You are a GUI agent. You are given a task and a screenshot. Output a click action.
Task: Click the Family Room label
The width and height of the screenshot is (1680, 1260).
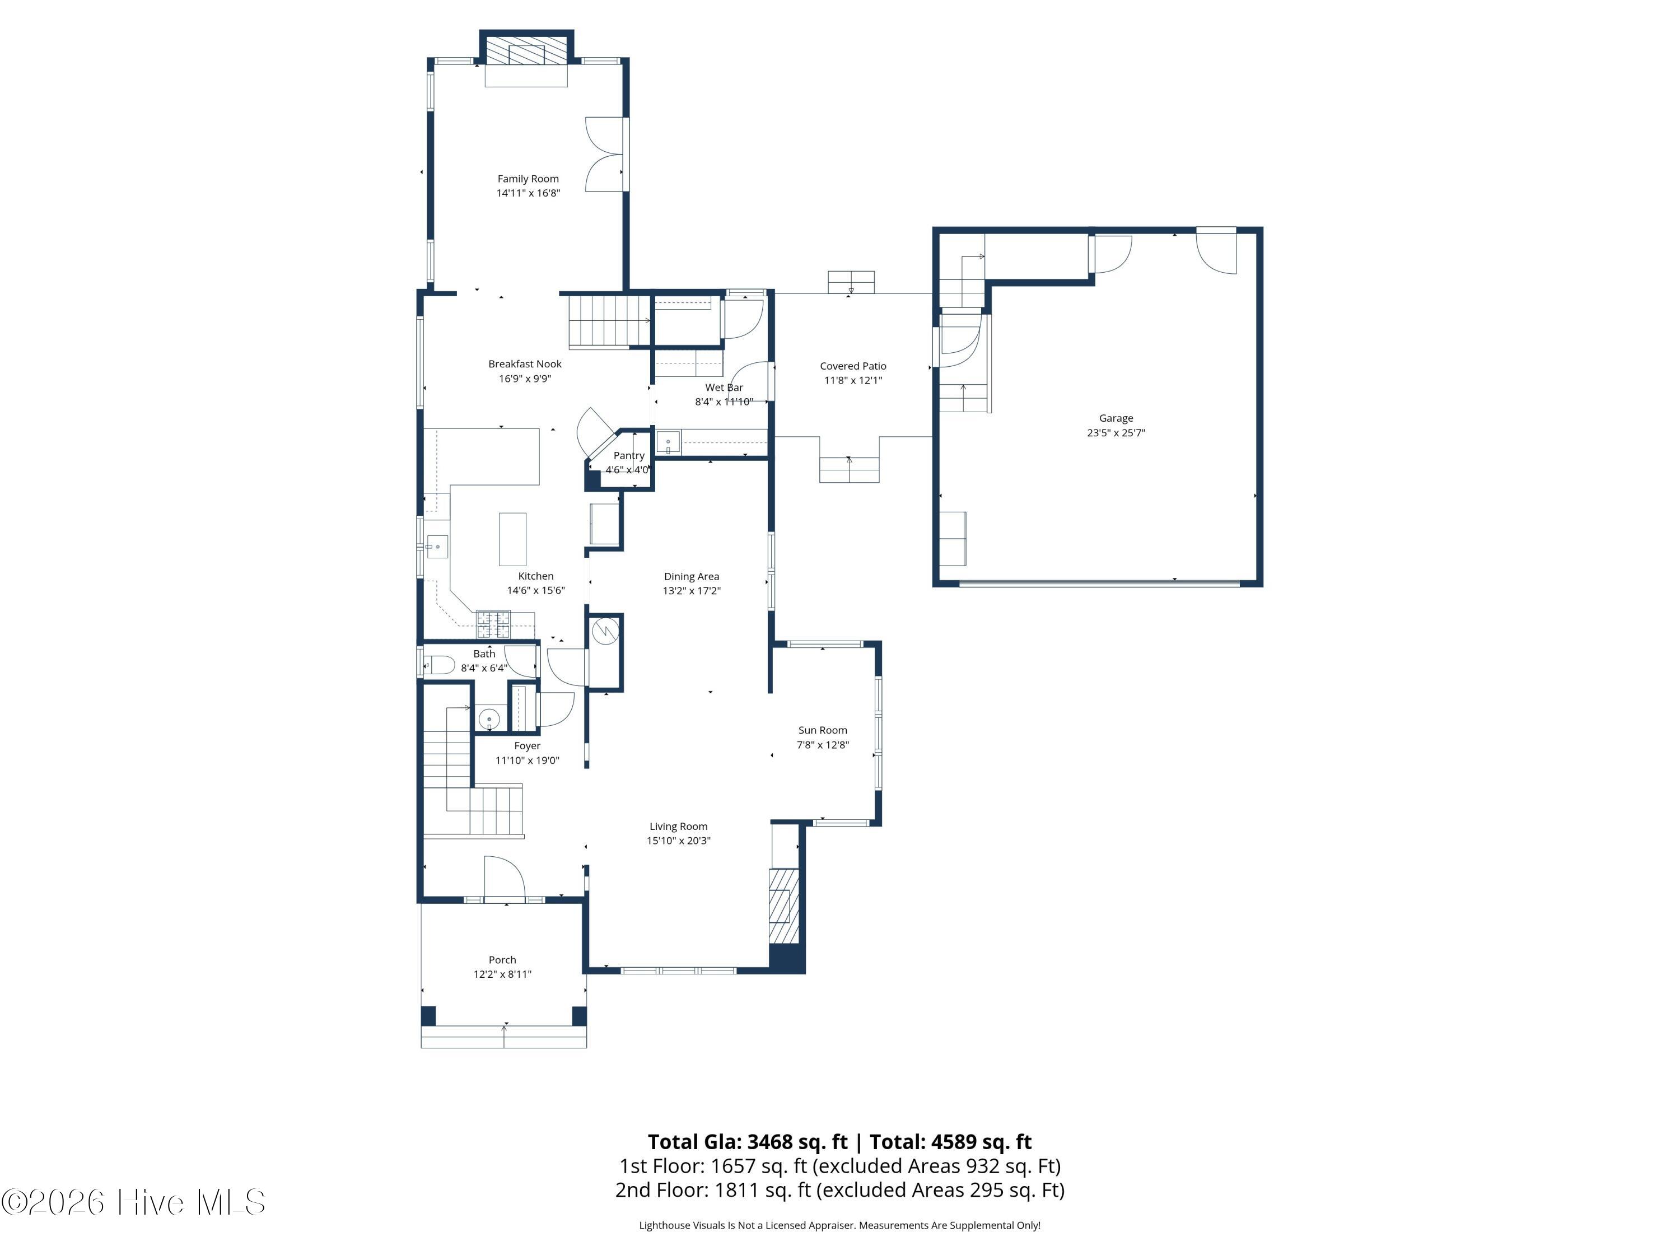pos(528,179)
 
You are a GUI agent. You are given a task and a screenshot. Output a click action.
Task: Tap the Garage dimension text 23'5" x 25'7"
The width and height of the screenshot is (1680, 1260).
pos(1116,433)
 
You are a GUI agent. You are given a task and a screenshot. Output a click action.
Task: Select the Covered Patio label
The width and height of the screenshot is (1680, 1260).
pos(853,366)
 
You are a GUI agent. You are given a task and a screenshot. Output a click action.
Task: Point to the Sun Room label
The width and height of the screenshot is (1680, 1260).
pos(823,730)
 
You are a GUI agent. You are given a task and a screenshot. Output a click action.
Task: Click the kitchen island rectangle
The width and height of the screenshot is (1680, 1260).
pos(512,539)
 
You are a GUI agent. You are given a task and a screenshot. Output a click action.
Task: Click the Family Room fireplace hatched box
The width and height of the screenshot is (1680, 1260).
pos(526,51)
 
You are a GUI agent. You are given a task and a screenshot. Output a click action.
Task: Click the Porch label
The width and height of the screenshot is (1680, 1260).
pos(502,960)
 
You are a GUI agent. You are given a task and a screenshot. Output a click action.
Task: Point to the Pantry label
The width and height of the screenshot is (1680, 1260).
pos(629,456)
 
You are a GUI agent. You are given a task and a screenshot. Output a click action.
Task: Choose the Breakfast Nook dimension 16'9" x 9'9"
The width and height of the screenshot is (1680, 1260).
pos(525,378)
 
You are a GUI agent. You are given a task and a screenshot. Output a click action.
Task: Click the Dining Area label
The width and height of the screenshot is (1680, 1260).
pos(691,576)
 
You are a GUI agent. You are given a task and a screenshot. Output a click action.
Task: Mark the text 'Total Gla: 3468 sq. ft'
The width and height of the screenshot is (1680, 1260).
pos(748,1141)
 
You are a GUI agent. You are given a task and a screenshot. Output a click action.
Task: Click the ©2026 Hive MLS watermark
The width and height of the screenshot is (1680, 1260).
pos(134,1202)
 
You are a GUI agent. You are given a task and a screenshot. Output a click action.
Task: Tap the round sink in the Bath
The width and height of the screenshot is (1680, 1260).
pos(489,718)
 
